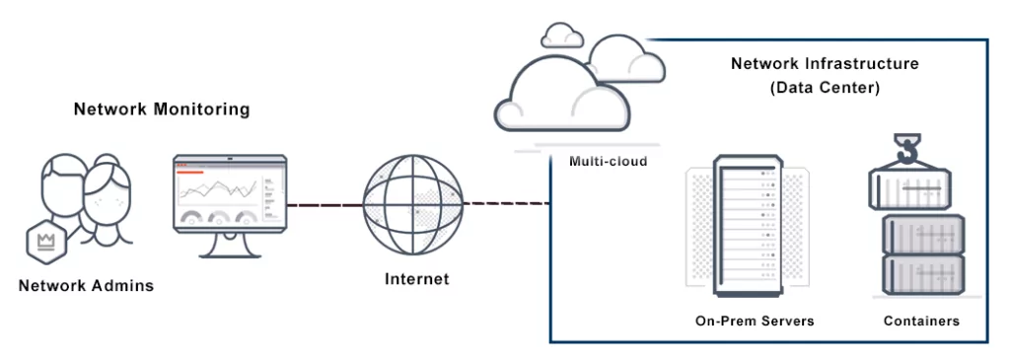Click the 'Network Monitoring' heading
(162, 109)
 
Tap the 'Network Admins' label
(87, 286)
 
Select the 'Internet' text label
(416, 279)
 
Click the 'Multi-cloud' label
(608, 161)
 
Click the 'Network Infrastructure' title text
(825, 64)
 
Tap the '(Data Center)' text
(825, 88)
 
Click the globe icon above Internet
(411, 205)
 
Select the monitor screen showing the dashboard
(230, 193)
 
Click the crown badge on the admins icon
(43, 240)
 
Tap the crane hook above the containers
(906, 150)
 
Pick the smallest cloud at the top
(562, 36)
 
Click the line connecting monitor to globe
(324, 205)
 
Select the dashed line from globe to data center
(504, 205)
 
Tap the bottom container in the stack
(921, 275)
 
